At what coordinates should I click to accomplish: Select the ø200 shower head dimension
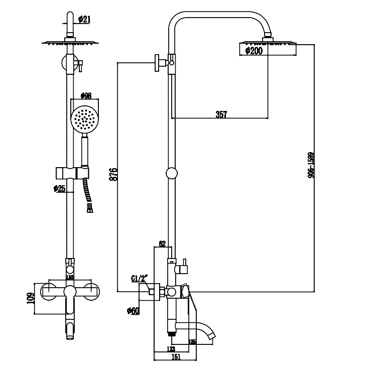click(x=253, y=50)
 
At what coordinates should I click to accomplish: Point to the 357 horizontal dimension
click(x=221, y=114)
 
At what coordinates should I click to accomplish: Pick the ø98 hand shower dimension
click(x=86, y=95)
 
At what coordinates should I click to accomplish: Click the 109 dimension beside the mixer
click(x=30, y=299)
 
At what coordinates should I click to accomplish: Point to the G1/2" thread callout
click(x=139, y=278)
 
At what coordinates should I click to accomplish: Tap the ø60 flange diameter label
click(x=134, y=311)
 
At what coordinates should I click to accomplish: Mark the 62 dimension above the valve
click(x=162, y=244)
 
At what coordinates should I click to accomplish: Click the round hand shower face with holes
click(x=83, y=119)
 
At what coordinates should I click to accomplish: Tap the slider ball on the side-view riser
click(x=172, y=173)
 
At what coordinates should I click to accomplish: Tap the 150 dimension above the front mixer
click(x=70, y=277)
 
